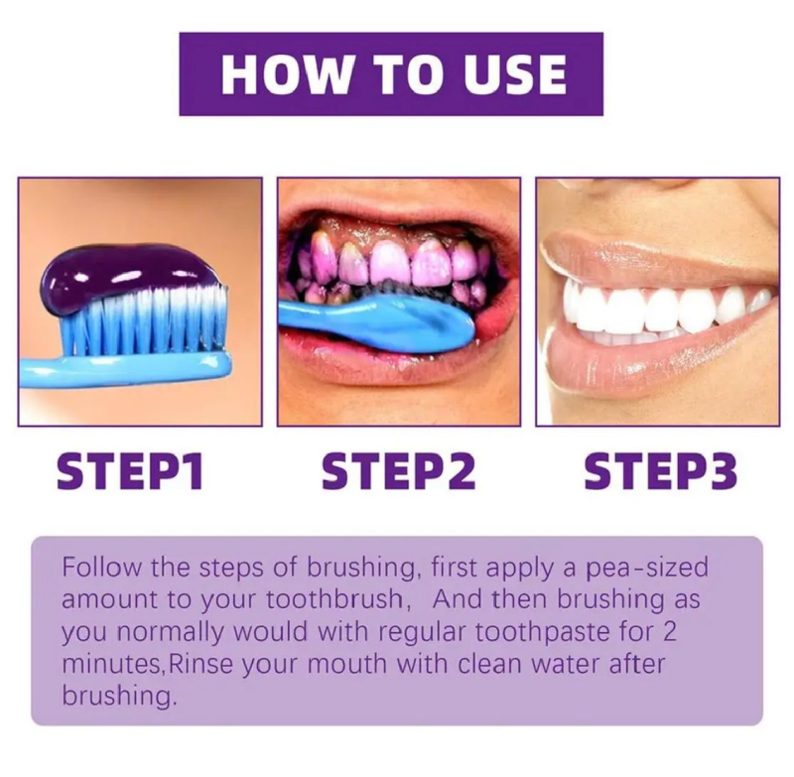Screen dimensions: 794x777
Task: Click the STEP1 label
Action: tap(130, 471)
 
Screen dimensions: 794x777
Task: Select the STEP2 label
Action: tap(399, 471)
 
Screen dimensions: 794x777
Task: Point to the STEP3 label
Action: tap(661, 471)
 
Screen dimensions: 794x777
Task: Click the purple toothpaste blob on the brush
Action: tap(132, 272)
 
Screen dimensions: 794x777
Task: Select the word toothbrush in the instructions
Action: tap(334, 599)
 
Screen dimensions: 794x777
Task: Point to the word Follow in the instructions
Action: tap(102, 567)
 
